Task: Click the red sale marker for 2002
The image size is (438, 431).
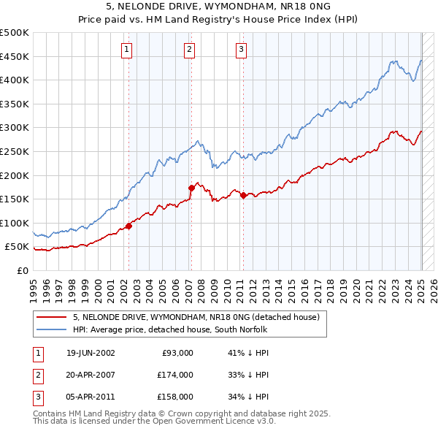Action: click(129, 226)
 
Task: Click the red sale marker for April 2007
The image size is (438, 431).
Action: click(191, 188)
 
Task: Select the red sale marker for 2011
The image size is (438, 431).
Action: click(242, 195)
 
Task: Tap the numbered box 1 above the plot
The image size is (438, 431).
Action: click(127, 50)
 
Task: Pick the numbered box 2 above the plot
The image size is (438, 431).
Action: click(189, 50)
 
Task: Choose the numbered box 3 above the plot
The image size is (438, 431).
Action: click(241, 50)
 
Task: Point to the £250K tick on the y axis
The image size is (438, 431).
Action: click(15, 151)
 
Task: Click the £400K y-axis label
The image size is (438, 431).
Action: click(15, 80)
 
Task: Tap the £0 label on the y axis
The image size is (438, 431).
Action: click(22, 270)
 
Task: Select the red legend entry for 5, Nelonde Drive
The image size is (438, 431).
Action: click(196, 318)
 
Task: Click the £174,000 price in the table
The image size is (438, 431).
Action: click(175, 375)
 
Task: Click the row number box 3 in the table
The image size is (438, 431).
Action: click(38, 397)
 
